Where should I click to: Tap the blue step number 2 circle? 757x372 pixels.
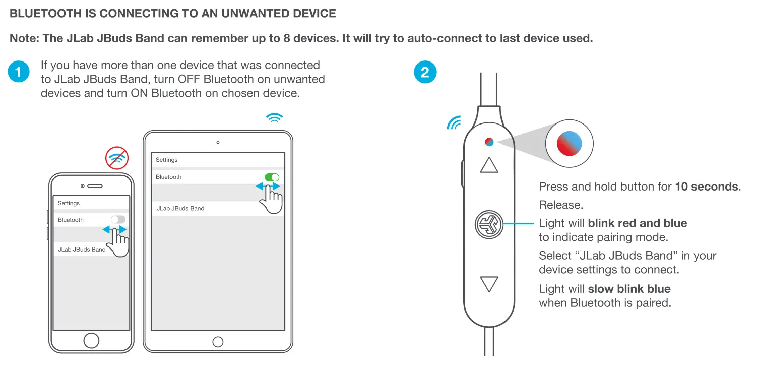tap(425, 72)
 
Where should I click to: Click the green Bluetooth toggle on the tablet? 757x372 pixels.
tap(272, 177)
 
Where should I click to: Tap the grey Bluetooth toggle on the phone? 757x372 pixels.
tap(118, 219)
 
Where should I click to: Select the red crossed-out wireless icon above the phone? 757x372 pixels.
tap(117, 158)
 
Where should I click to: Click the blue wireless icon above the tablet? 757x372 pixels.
tap(274, 118)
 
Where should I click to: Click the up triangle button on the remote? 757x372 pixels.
tap(489, 165)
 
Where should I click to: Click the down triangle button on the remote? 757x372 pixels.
tap(489, 284)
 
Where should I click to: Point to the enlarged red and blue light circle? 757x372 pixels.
tap(570, 142)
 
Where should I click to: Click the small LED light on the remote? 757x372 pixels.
tap(489, 142)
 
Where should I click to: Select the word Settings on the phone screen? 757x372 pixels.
tap(69, 203)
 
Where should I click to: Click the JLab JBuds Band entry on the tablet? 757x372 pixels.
tap(180, 208)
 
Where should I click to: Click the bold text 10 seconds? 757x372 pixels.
tap(707, 187)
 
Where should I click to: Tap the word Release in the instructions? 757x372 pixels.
tap(560, 205)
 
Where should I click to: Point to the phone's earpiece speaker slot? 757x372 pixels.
tap(95, 186)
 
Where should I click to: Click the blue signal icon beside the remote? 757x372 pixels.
tap(454, 122)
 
